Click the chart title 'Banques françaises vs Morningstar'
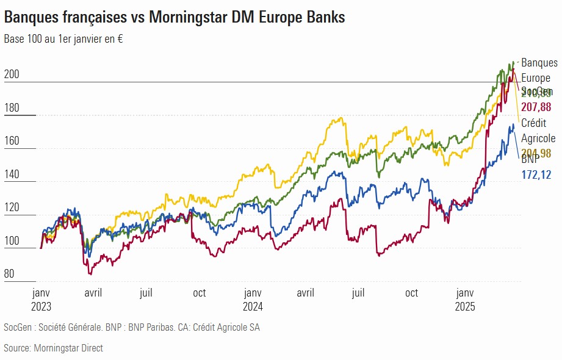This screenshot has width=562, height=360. coord(175,18)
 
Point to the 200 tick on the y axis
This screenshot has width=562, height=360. coord(12,74)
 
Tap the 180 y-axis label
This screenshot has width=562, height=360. coord(12,108)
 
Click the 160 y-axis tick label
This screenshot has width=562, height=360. coord(12,141)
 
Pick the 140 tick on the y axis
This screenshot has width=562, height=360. coord(12,175)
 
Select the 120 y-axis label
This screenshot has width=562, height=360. coord(12,207)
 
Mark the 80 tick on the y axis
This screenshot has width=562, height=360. coord(10,274)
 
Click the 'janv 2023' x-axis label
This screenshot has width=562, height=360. coord(41,299)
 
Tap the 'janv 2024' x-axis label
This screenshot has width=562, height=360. coord(253,299)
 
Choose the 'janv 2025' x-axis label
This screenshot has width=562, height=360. coord(466,299)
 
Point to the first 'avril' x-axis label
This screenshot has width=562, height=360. coord(93,293)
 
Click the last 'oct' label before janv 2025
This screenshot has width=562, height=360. coord(412,293)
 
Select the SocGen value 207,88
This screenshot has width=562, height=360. coord(536,107)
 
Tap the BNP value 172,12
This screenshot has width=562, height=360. coord(536,175)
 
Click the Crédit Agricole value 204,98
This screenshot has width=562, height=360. coord(536,153)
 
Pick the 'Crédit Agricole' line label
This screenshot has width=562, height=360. coord(538,131)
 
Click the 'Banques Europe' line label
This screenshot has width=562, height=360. coord(539,70)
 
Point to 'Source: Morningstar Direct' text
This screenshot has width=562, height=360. coord(53,348)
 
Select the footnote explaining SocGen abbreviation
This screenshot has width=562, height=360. coord(131,328)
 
